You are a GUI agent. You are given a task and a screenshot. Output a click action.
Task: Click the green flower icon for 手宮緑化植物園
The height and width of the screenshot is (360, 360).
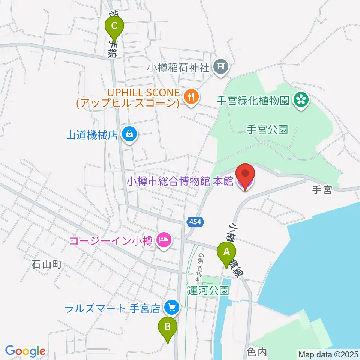coord(301,100)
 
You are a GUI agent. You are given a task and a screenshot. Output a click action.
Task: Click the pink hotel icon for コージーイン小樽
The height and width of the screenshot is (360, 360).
coord(163,239)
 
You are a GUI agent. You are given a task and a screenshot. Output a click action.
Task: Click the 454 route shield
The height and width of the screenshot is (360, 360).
coord(195,222)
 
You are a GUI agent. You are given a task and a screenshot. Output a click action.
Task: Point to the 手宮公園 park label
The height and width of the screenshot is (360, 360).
coord(267,130)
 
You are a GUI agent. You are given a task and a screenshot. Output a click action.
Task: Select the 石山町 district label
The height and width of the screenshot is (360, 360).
coord(46,264)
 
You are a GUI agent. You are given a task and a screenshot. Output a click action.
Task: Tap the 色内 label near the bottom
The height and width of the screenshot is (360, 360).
coord(257,351)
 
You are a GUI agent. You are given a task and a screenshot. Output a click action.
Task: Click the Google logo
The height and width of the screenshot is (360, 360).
coord(25,351)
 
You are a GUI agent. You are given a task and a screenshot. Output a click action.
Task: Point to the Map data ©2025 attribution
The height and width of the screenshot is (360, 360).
coord(327,354)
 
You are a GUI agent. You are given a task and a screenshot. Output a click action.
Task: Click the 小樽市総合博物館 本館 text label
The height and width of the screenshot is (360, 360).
coord(180,182)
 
